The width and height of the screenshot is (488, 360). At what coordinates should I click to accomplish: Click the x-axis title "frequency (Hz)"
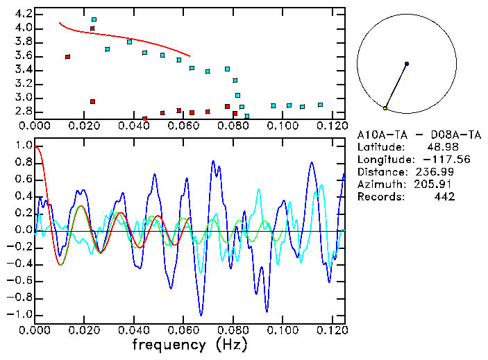click(189, 344)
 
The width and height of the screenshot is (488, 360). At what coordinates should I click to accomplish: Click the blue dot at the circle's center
click(407, 64)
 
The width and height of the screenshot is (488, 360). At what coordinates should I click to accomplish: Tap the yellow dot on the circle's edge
click(385, 108)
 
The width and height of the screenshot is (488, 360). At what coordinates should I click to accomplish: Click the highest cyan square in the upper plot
click(94, 19)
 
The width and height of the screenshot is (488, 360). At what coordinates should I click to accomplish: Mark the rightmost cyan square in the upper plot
click(320, 105)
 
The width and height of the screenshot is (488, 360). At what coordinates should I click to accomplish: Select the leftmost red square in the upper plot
click(67, 57)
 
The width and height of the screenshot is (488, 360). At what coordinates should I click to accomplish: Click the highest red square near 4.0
click(92, 28)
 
